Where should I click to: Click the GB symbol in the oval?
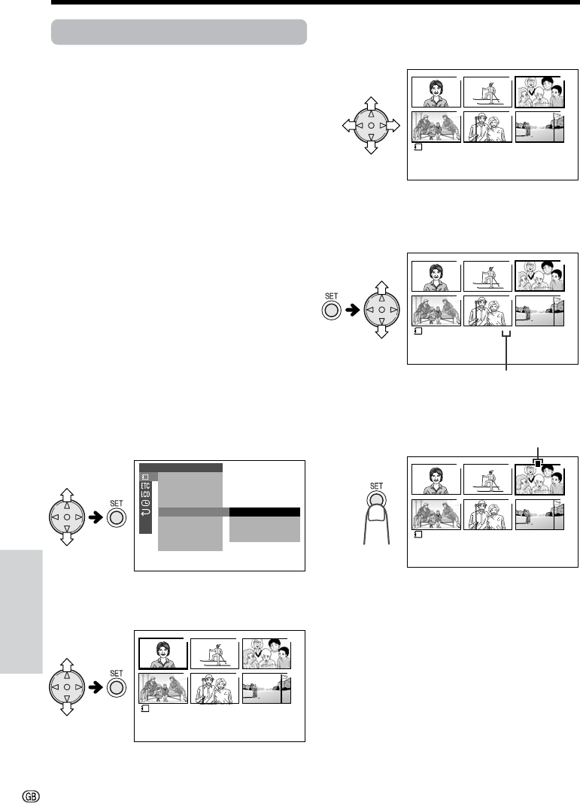(32, 795)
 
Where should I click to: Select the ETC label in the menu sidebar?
(145, 486)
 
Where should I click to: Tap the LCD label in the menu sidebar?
(145, 494)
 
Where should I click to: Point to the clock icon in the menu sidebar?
(145, 503)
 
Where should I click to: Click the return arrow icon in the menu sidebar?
(145, 511)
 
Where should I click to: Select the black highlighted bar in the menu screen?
(264, 512)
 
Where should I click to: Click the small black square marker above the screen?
(537, 463)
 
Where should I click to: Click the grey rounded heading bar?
(179, 32)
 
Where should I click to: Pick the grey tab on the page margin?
(21, 612)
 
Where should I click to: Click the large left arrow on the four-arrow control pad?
(349, 126)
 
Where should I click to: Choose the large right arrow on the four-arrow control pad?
(393, 126)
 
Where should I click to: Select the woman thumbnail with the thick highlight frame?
(163, 653)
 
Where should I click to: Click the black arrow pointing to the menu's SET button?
(96, 518)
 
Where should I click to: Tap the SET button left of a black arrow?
(332, 311)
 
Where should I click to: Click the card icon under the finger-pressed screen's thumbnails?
(418, 535)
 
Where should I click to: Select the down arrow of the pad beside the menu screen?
(67, 538)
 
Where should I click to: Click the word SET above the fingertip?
(377, 486)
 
